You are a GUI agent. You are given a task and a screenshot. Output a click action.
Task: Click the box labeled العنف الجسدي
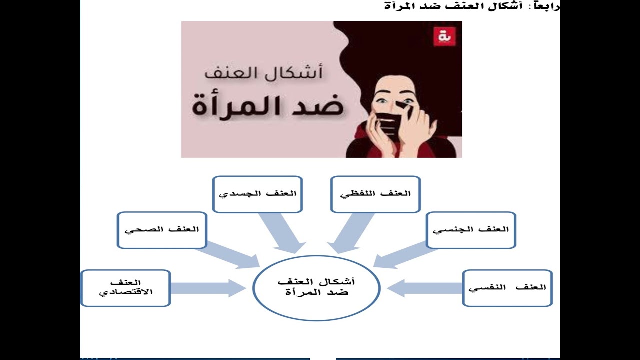click(257, 194)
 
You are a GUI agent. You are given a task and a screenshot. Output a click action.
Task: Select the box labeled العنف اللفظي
click(375, 194)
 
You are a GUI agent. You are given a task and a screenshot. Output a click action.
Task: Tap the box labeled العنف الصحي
click(162, 230)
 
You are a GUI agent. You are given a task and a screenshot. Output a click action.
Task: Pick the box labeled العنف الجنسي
click(471, 230)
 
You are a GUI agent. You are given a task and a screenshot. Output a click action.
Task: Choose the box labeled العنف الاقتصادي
click(125, 288)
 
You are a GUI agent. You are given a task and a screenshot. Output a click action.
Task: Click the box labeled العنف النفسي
click(507, 288)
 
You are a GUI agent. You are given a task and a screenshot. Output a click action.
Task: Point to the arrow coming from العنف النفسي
click(425, 288)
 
